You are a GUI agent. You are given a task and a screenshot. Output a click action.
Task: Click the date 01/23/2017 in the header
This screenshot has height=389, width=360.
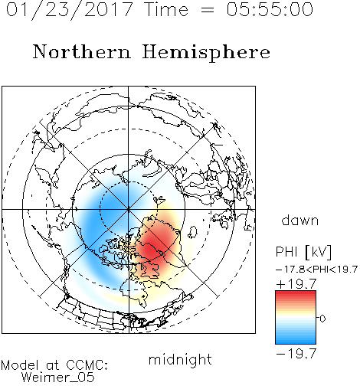coord(70,10)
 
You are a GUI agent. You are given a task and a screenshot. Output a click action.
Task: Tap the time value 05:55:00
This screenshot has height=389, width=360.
coord(270,9)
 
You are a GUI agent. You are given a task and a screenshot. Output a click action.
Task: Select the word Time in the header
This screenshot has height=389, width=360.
coord(166,9)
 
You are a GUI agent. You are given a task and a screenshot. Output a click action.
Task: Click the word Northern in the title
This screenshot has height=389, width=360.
coord(82,51)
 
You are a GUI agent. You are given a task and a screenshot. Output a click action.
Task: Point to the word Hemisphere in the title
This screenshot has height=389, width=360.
coord(206,53)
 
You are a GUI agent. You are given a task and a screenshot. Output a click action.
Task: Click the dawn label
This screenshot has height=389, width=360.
coord(300,220)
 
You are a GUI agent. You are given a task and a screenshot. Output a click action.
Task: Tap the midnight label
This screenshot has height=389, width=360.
coord(180,360)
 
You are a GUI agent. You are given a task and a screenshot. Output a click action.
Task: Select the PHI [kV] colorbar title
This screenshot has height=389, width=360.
coord(303,252)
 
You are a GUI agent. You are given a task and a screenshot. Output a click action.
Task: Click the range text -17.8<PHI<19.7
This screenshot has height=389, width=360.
coord(316,270)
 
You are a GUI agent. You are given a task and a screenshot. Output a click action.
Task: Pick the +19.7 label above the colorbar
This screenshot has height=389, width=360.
coord(296,284)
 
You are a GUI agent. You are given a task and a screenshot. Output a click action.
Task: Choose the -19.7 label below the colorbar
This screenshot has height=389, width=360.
coord(296,354)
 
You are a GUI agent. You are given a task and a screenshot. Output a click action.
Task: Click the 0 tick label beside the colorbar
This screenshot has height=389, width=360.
coord(322,319)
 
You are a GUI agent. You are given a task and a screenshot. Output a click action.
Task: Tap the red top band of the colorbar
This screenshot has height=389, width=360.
coord(296,294)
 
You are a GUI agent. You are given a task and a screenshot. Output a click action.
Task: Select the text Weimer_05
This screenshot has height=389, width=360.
coord(58,378)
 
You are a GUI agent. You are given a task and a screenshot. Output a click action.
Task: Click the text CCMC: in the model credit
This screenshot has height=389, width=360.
coord(87,365)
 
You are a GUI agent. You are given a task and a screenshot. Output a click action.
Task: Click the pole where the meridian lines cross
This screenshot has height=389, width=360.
coord(128,209)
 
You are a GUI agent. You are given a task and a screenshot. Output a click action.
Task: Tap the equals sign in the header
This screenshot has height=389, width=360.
coord(208,10)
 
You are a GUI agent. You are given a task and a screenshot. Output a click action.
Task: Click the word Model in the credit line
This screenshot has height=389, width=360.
coord(20,365)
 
